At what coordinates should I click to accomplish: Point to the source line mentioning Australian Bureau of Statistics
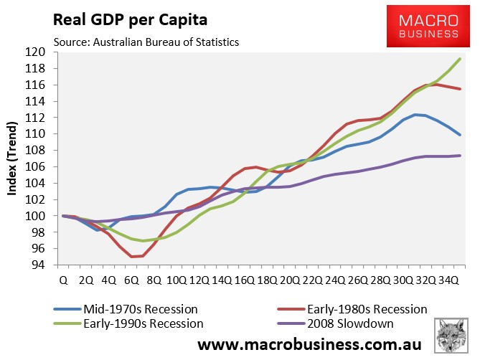click(x=146, y=42)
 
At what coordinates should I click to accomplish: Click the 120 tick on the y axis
click(x=37, y=52)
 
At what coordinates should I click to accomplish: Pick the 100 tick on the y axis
click(x=37, y=216)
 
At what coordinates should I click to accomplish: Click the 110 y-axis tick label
click(x=37, y=134)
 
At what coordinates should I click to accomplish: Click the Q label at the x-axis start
click(x=65, y=280)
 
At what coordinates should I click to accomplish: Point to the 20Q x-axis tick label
click(x=290, y=280)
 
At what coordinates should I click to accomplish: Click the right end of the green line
click(x=460, y=59)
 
